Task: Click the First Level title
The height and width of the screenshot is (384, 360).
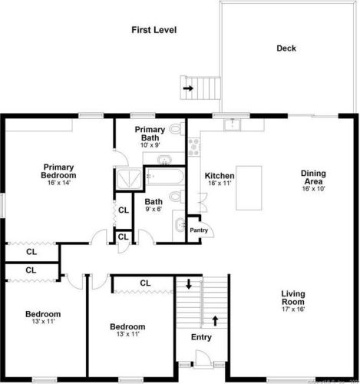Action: point(154,30)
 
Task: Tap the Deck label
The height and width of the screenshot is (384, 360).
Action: point(286,48)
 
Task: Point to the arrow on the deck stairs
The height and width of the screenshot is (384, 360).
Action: point(188,88)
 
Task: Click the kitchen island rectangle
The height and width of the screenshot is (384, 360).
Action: point(247,187)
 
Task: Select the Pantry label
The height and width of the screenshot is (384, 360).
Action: point(199,230)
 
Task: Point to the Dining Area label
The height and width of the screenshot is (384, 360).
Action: point(312,177)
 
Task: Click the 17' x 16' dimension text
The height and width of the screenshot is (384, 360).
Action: point(293,310)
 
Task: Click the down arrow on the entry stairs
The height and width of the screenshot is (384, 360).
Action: point(189,284)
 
